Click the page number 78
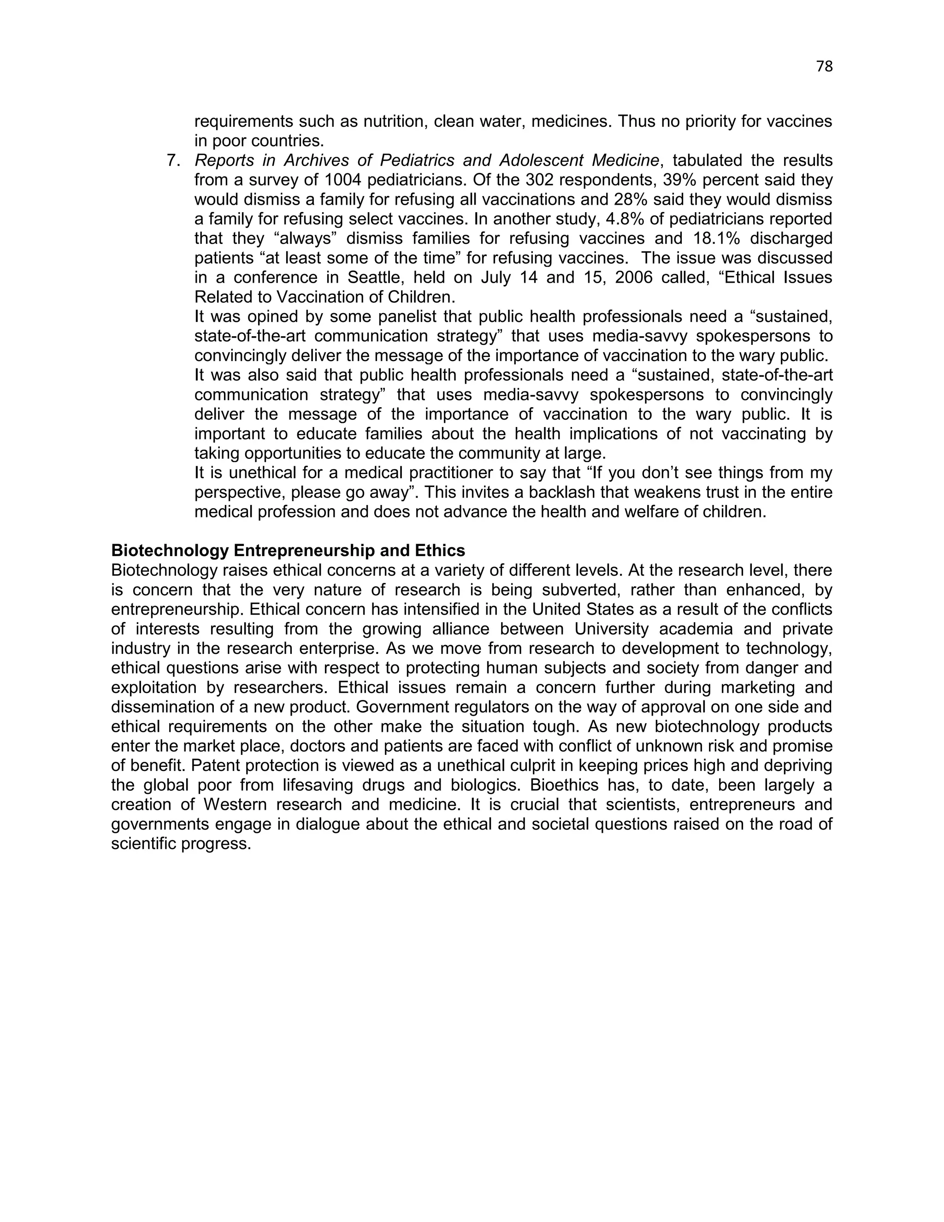click(824, 66)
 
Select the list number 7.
click(173, 160)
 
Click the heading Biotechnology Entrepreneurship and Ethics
click(288, 551)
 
